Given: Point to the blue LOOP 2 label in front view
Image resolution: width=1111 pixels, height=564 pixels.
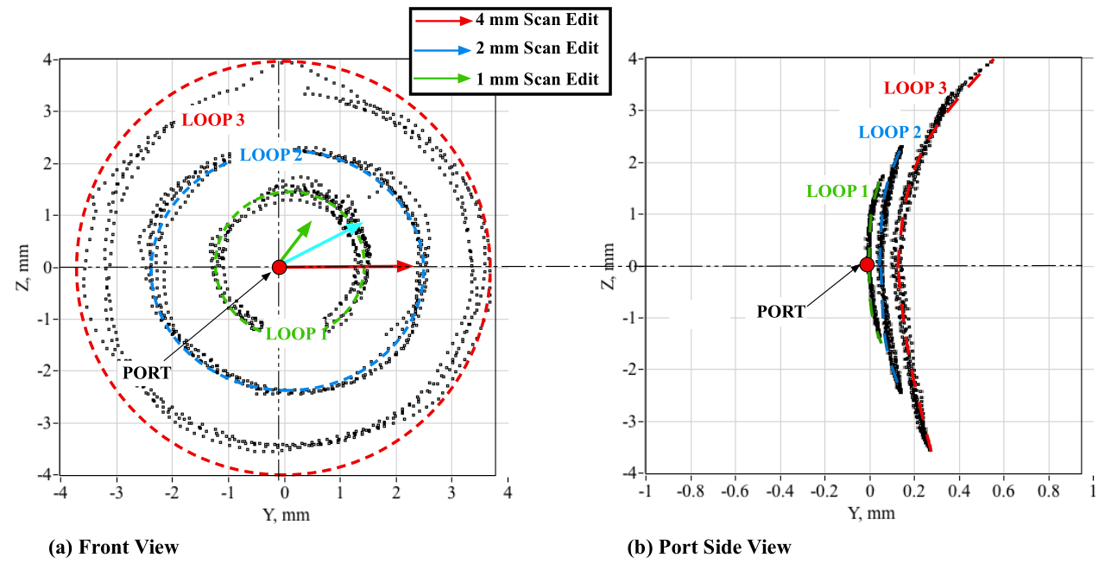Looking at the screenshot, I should pyautogui.click(x=270, y=155).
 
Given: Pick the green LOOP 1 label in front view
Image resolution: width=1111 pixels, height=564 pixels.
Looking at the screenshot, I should pyautogui.click(x=297, y=333).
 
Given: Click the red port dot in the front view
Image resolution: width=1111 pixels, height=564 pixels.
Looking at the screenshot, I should pyautogui.click(x=279, y=267).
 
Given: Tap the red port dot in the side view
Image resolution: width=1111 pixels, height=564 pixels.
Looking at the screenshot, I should pyautogui.click(x=867, y=264).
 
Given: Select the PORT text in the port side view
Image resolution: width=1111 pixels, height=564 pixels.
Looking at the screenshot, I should pyautogui.click(x=780, y=312).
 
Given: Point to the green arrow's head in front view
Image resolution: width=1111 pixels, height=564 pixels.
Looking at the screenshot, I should pyautogui.click(x=309, y=224).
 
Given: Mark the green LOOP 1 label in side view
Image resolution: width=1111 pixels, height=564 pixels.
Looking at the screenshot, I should pyautogui.click(x=838, y=191).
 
